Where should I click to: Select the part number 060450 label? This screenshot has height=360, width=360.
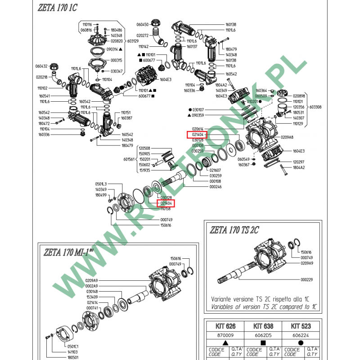coord(142,24)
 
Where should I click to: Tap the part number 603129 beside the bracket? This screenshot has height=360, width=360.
coord(133,41)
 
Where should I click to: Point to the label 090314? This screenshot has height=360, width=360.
coord(112,49)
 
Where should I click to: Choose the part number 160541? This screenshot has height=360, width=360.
coord(44,96)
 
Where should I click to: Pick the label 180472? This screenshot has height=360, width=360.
coord(44,123)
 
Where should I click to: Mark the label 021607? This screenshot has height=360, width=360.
coord(215,170)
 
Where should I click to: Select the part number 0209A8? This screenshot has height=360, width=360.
coord(287,137)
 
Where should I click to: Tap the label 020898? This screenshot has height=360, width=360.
coord(299,96)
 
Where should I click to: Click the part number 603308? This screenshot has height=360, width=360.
coord(315,107)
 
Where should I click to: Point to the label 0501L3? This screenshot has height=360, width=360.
coord(101,184)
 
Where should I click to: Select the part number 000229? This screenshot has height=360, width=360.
coord(306,279)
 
